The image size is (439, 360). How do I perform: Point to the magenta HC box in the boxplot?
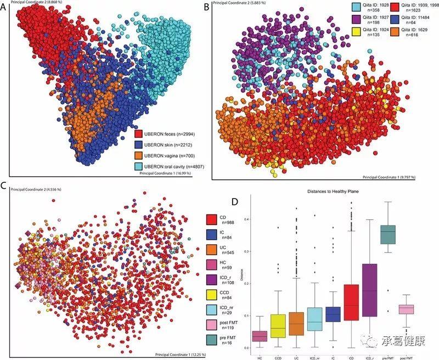[260, 336]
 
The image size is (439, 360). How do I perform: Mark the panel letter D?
[235, 201]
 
